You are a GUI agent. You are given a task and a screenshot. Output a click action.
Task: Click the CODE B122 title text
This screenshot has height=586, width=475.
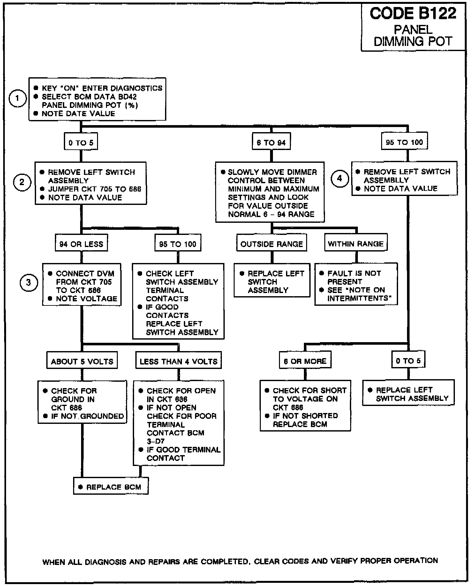pos(413,13)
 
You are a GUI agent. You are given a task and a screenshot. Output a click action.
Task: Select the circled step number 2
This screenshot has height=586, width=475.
pos(22,182)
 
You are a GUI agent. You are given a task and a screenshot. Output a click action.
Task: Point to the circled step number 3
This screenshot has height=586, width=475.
pos(29,282)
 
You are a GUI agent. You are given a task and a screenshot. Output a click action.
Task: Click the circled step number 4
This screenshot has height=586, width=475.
pos(339,178)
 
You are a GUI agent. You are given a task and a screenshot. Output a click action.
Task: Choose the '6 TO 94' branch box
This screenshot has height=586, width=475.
pos(271,143)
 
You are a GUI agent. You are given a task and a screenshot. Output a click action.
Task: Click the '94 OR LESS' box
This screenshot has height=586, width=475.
pos(81,244)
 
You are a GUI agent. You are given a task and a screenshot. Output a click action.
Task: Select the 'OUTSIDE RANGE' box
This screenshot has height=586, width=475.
pos(272,244)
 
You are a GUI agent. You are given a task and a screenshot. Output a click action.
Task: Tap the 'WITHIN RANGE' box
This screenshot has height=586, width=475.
pos(356,244)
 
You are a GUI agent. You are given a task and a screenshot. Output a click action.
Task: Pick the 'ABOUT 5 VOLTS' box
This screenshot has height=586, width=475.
pos(82,361)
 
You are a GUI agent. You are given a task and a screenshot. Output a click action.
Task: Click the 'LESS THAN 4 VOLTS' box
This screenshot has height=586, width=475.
pos(178,361)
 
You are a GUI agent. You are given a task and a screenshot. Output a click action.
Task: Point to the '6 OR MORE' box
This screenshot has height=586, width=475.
pos(305,361)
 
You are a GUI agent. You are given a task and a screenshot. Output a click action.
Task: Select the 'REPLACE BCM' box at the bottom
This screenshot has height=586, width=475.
pos(111,487)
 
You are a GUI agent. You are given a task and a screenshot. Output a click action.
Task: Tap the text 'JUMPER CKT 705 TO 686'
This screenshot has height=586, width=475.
pos(94,189)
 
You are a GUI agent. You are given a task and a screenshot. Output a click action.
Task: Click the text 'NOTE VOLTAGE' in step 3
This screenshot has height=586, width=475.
pos(87,299)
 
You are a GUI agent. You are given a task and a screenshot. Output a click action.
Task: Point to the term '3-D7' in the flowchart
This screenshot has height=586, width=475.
pos(155,441)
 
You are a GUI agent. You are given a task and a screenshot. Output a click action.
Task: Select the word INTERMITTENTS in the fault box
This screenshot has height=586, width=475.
pos(359,298)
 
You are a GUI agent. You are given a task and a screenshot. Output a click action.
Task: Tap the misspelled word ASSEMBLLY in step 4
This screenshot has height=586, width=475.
pos(386,180)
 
